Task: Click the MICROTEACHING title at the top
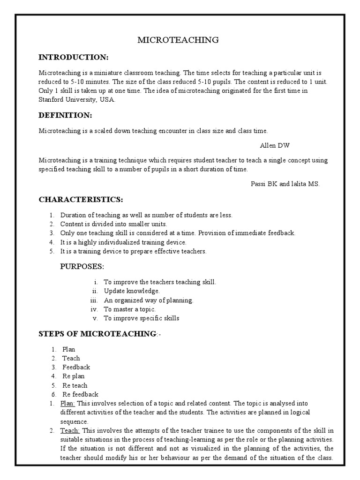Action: pyautogui.click(x=178, y=40)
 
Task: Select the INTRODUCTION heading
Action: pyautogui.click(x=73, y=57)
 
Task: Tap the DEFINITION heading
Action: pyautogui.click(x=65, y=115)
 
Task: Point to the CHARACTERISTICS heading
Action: pyautogui.click(x=81, y=200)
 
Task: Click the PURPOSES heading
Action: pyautogui.click(x=82, y=267)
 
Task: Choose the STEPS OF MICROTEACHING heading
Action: pyautogui.click(x=97, y=334)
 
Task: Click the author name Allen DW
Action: pyautogui.click(x=278, y=145)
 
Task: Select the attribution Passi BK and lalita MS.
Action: pyautogui.click(x=285, y=184)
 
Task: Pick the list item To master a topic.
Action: pyautogui.click(x=129, y=309)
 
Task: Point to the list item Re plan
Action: pyautogui.click(x=74, y=376)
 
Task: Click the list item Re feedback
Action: pyautogui.click(x=80, y=394)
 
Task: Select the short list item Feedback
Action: pyautogui.click(x=76, y=367)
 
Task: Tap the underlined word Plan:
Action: pyautogui.click(x=68, y=403)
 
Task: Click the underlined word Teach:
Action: pyautogui.click(x=70, y=430)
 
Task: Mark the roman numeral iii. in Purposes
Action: pyautogui.click(x=93, y=300)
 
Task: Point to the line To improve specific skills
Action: pyautogui.click(x=142, y=318)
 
